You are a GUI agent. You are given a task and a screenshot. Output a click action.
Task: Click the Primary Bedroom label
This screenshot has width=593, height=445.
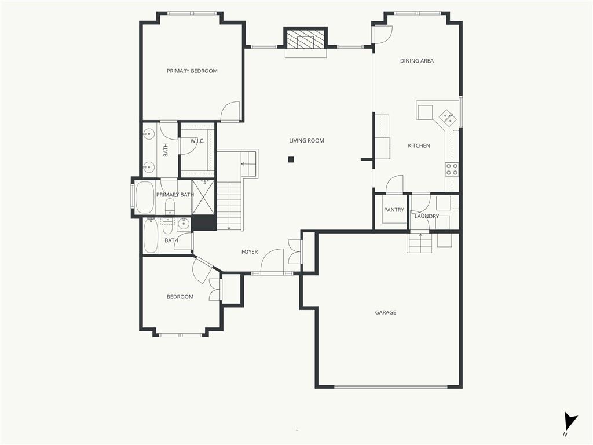coord(192,71)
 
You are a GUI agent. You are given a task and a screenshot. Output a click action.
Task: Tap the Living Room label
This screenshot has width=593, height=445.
coord(306,140)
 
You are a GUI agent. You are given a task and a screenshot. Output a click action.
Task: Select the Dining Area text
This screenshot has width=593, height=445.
coord(417,60)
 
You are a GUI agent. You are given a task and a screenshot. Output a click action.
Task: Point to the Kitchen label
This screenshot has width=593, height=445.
coord(419,145)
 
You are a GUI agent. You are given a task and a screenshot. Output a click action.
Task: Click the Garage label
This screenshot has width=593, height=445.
coord(385,312)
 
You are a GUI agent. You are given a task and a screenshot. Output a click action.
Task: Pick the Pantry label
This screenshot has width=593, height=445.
coord(394,210)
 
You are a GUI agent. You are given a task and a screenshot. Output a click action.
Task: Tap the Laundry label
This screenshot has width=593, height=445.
coord(427,216)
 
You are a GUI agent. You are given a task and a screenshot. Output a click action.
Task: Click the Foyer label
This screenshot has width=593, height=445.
coord(250,251)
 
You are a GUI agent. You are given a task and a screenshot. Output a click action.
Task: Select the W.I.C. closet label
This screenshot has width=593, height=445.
coord(197,141)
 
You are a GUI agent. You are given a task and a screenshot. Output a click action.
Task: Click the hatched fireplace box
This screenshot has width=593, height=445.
coord(305,39)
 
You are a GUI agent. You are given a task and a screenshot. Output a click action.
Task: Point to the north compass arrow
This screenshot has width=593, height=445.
coord(570,421)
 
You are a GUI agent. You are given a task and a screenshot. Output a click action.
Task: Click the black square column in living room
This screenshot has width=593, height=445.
coord(291,159)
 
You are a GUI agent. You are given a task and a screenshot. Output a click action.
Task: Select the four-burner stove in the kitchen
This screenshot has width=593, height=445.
coord(452,169)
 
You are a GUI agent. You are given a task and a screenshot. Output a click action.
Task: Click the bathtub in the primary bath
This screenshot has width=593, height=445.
coord(144,197)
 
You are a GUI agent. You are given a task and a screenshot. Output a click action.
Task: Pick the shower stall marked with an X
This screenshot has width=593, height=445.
coord(203,197)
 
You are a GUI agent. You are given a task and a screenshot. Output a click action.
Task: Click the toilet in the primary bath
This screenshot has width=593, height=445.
coord(170,206)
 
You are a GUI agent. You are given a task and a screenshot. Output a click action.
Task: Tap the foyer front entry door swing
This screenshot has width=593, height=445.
coord(272,261)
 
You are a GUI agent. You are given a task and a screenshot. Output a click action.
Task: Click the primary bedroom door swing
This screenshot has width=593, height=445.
coord(230,112)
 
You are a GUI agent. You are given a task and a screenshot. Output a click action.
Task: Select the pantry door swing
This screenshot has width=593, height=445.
coord(394,184)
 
